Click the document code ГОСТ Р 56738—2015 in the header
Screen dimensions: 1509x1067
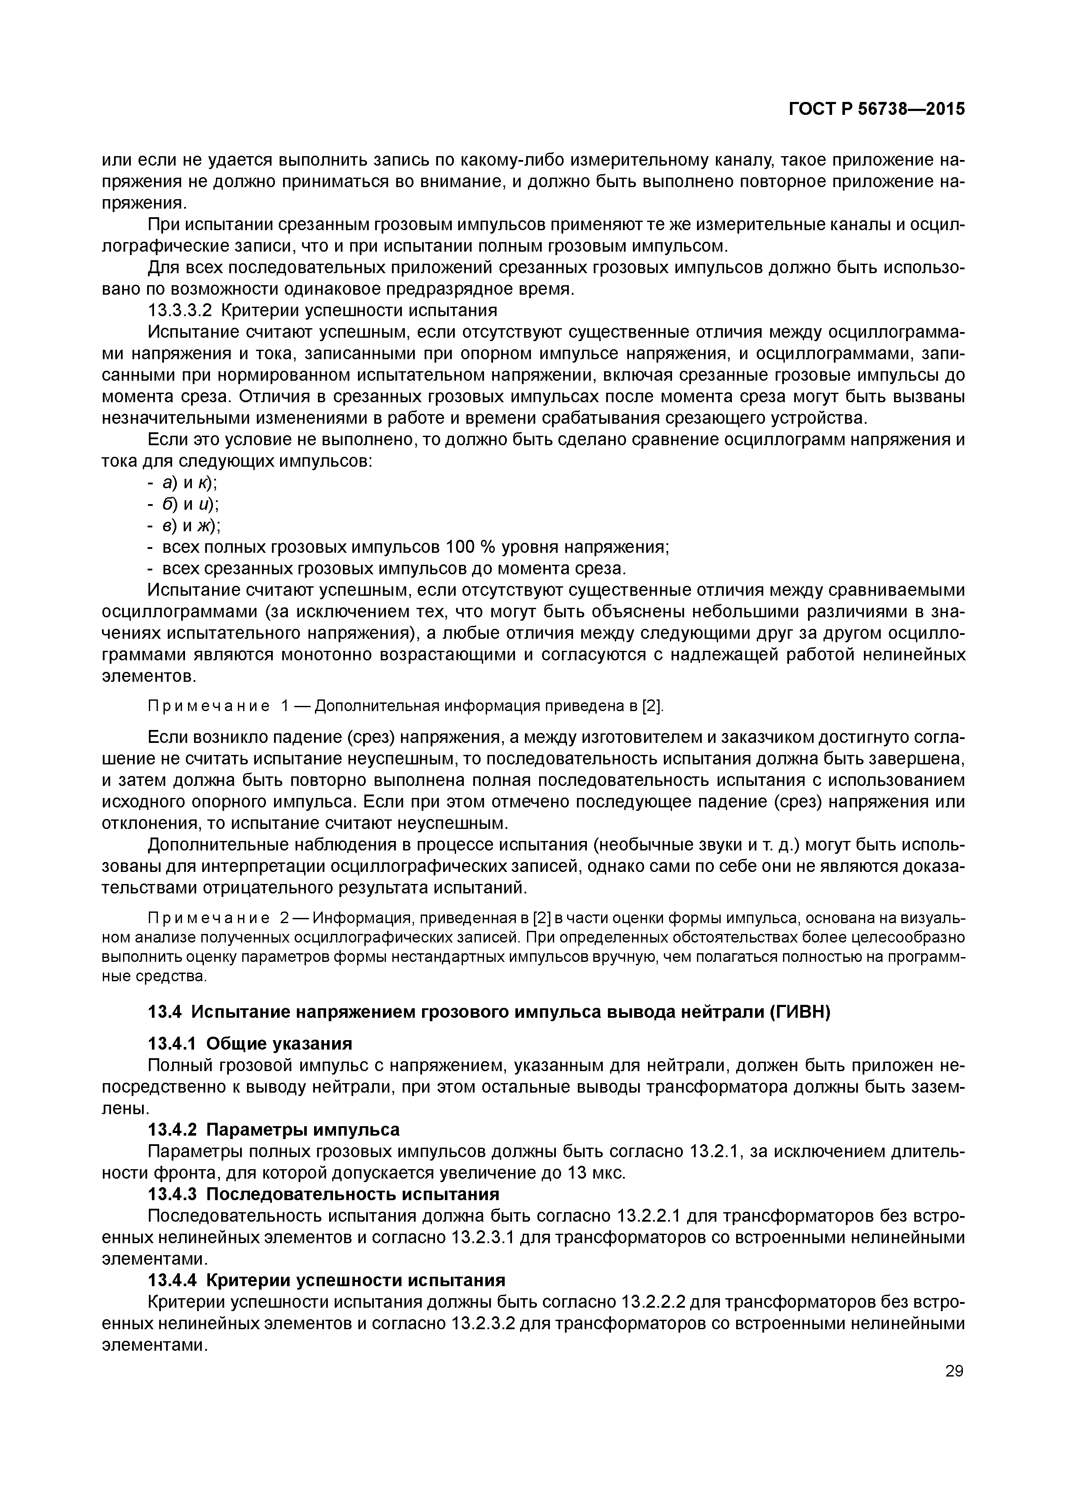pyautogui.click(x=876, y=110)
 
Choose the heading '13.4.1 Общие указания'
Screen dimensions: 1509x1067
pyautogui.click(x=250, y=1044)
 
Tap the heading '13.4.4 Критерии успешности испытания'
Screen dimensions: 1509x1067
pyautogui.click(x=326, y=1280)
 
